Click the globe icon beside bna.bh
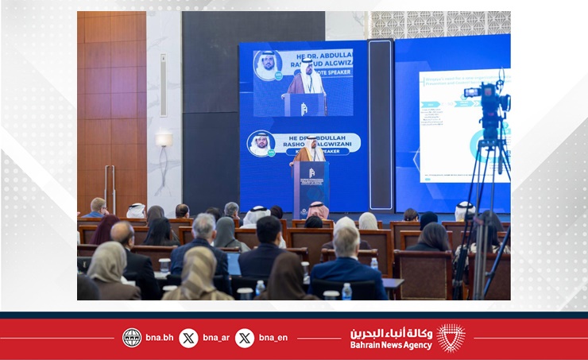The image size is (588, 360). pyautogui.click(x=132, y=338)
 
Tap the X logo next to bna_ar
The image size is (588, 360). pyautogui.click(x=188, y=338)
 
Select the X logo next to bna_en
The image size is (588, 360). pyautogui.click(x=245, y=338)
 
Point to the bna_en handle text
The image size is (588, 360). pyautogui.click(x=273, y=338)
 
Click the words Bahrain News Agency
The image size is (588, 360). pyautogui.click(x=391, y=345)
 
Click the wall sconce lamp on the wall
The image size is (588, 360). pyautogui.click(x=164, y=141)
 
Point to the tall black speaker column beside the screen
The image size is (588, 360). pyautogui.click(x=381, y=123)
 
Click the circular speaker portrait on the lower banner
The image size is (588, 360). pyautogui.click(x=261, y=144)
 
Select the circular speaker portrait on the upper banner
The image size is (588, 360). pyautogui.click(x=268, y=65)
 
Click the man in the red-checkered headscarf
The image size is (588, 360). pyautogui.click(x=318, y=211)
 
